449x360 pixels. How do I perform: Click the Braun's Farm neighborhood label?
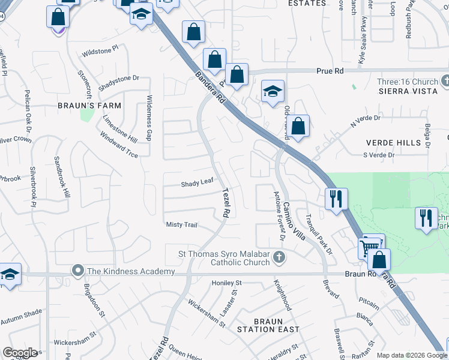click(89, 106)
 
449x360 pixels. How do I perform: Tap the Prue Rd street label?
click(331, 71)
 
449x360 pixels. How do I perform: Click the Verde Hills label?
click(393, 143)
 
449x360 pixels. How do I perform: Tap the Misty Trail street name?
click(181, 224)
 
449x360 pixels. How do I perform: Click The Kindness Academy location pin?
click(77, 271)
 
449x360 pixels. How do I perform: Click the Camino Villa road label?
click(295, 220)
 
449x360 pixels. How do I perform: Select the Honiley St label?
click(226, 283)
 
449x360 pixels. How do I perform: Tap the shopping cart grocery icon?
click(370, 246)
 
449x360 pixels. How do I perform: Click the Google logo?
click(20, 353)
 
